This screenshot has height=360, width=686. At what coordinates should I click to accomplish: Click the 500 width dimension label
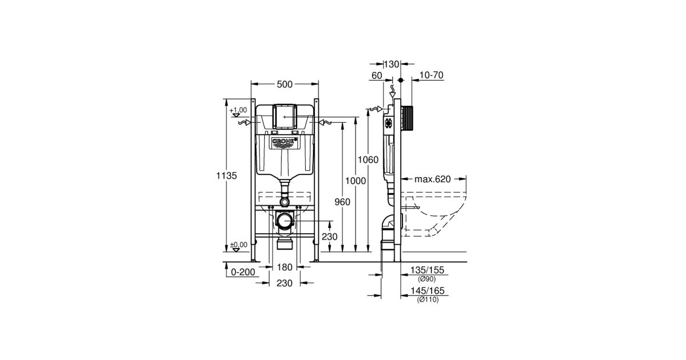pyautogui.click(x=285, y=84)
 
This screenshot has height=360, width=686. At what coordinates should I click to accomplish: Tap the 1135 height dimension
pyautogui.click(x=226, y=176)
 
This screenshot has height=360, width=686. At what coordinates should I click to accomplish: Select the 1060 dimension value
pyautogui.click(x=368, y=159)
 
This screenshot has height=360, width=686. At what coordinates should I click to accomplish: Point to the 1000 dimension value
pyautogui.click(x=356, y=181)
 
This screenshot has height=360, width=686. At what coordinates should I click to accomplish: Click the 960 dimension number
pyautogui.click(x=342, y=202)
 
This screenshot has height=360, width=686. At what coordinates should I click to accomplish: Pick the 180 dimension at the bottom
pyautogui.click(x=285, y=267)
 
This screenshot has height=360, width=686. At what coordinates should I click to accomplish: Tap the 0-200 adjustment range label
pyautogui.click(x=243, y=272)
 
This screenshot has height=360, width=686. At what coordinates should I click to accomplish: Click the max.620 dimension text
pyautogui.click(x=432, y=179)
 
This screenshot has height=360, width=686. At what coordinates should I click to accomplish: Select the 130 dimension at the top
pyautogui.click(x=392, y=64)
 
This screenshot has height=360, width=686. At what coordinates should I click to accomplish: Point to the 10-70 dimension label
pyautogui.click(x=432, y=75)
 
